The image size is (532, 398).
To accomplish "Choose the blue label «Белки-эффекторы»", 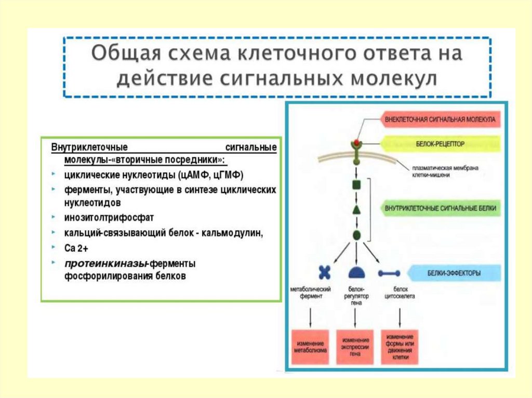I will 455,272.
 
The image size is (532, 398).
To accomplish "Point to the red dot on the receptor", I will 356,142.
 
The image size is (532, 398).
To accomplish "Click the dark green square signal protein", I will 356,184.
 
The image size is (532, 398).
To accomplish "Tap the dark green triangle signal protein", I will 356,210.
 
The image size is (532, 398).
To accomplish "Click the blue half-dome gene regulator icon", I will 356,272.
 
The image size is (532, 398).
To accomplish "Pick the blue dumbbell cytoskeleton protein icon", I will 389,273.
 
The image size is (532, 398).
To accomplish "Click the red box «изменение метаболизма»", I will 310,347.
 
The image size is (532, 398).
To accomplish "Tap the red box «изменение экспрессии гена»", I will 355,347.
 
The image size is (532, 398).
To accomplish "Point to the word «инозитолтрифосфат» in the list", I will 109,217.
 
